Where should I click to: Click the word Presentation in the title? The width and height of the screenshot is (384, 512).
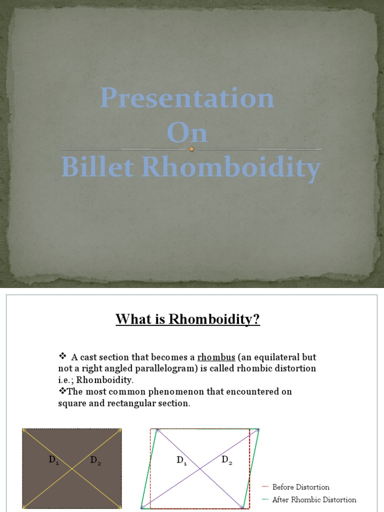[x=187, y=97]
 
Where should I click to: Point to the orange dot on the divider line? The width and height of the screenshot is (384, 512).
[x=191, y=149]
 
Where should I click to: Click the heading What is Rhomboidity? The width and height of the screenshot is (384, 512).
[x=188, y=319]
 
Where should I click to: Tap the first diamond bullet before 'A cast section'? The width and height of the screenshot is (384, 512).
[x=62, y=356]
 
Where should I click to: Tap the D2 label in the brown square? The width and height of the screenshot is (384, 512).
[x=95, y=461]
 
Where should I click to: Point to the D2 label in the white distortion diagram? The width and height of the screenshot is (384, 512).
[x=226, y=460]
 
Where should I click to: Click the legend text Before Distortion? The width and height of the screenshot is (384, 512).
[x=300, y=487]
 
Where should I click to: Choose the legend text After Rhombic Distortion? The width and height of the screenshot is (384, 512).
[x=314, y=499]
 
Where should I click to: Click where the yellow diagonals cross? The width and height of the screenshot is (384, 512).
[x=72, y=468]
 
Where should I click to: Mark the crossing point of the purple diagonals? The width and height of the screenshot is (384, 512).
[x=200, y=468]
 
